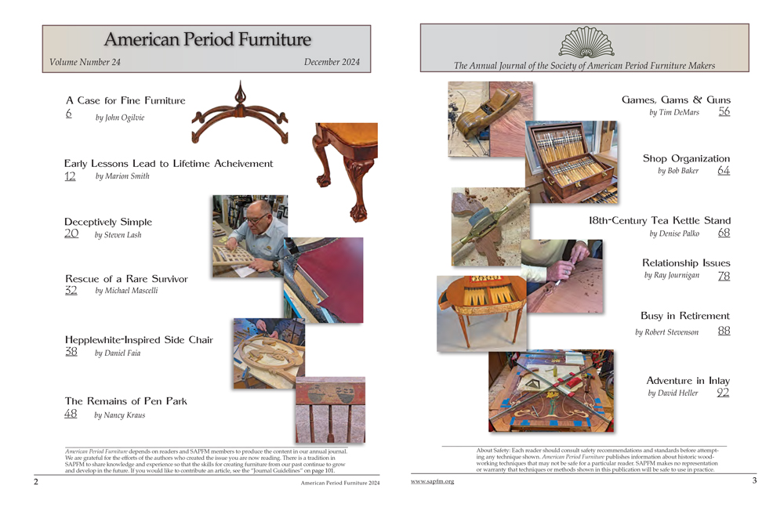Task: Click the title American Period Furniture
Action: [x=208, y=39]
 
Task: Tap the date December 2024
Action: [x=332, y=62]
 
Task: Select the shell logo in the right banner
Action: [x=586, y=42]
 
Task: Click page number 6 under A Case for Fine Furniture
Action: [x=68, y=114]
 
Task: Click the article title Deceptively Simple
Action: [x=108, y=222]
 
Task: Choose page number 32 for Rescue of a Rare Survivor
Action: [x=71, y=291]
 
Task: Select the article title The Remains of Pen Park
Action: [x=125, y=401]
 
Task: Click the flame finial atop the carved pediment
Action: [x=241, y=92]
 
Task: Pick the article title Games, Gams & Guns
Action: [x=676, y=100]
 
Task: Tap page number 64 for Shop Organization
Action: [x=724, y=171]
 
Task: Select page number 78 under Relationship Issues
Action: [x=724, y=276]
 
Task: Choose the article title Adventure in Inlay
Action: [x=688, y=381]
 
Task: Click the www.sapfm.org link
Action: [x=433, y=481]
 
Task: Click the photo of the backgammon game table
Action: [x=481, y=313]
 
